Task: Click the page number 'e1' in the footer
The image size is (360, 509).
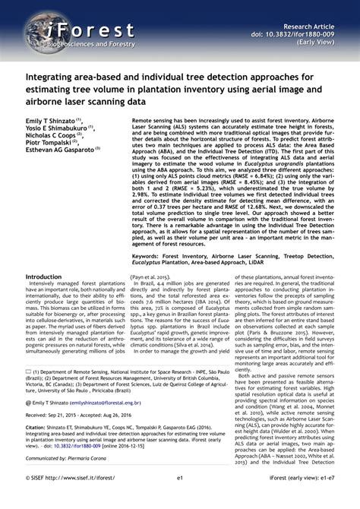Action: click(x=180, y=499)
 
